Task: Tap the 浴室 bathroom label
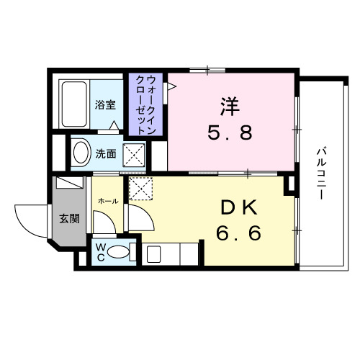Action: [x=106, y=104]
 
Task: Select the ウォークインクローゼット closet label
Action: [x=147, y=104]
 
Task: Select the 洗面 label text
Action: [x=106, y=153]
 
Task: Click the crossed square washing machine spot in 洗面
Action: [x=133, y=153]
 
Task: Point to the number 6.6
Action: [x=240, y=233]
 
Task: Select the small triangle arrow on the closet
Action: [x=171, y=86]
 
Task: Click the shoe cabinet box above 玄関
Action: [x=69, y=183]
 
